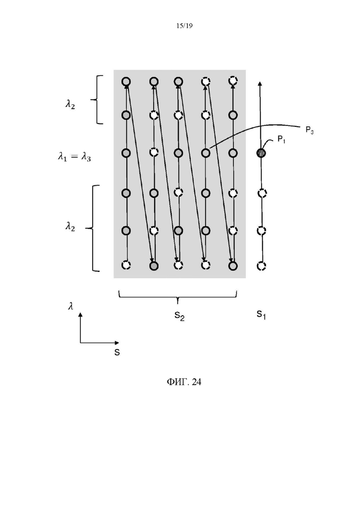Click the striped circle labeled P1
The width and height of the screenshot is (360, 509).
[x=261, y=153]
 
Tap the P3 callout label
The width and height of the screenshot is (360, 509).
[x=309, y=131]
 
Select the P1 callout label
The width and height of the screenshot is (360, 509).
[x=281, y=140]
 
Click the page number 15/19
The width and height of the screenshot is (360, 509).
[x=184, y=26]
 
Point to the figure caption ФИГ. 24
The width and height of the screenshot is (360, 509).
[x=184, y=382]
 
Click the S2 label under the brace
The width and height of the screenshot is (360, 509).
[x=180, y=316]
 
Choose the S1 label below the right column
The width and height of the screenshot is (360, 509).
[x=261, y=314]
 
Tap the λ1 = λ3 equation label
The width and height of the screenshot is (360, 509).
[x=74, y=157]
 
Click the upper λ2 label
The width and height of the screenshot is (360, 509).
[x=70, y=105]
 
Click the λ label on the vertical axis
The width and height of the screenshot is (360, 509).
[x=71, y=306]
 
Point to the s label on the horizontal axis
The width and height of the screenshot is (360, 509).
[x=117, y=352]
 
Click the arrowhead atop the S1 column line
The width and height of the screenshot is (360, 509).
[x=260, y=84]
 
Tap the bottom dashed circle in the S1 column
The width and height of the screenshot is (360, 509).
[x=261, y=266]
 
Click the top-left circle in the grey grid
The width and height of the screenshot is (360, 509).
[x=126, y=82]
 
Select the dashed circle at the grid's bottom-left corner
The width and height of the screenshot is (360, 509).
[x=126, y=265]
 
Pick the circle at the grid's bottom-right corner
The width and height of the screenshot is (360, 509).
[x=233, y=266]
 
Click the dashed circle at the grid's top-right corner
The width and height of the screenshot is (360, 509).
[x=233, y=80]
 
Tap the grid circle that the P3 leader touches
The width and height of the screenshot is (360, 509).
[x=205, y=153]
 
